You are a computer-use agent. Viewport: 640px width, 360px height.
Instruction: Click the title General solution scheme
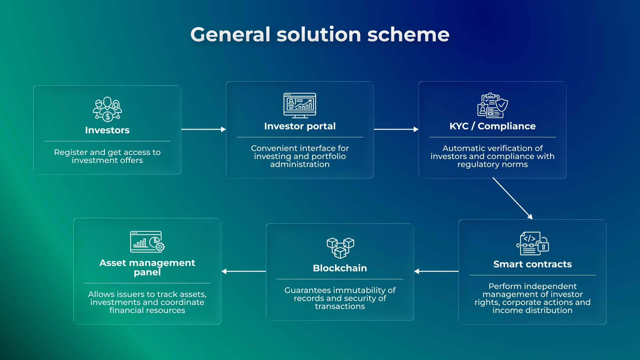tap(320, 35)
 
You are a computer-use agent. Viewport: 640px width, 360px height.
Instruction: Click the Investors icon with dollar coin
tap(107, 110)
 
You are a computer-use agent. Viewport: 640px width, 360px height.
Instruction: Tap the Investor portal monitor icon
tap(300, 105)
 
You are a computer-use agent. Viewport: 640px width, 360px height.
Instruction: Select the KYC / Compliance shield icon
tap(493, 105)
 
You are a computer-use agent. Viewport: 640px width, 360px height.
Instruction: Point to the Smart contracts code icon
tap(532, 244)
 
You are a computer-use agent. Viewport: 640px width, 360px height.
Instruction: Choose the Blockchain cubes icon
tap(340, 248)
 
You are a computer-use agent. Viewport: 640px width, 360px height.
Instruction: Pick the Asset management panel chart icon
tap(147, 242)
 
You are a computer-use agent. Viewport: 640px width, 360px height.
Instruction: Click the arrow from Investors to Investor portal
tap(203, 129)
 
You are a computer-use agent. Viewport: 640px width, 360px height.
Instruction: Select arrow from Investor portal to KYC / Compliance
tap(396, 129)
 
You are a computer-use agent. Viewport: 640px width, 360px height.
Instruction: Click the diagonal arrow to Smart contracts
tap(513, 198)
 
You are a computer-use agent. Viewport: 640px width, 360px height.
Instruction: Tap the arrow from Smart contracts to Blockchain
tap(436, 271)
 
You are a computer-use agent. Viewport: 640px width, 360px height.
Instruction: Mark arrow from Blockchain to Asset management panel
tap(244, 271)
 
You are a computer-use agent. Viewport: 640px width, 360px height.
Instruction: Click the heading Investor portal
tap(300, 126)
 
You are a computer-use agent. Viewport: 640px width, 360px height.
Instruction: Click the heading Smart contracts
tap(532, 264)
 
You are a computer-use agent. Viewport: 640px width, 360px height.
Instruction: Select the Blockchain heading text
tap(340, 268)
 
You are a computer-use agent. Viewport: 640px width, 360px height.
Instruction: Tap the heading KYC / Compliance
tap(492, 126)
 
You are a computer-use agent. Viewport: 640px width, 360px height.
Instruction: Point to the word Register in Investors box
tap(69, 152)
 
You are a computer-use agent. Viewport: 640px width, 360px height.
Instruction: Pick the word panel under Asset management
tap(147, 273)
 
